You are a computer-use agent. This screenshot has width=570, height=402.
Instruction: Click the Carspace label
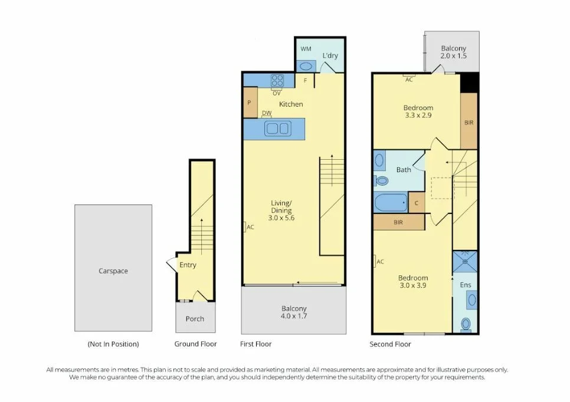pos(113,271)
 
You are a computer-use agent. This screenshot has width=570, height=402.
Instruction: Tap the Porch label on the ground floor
pos(195,319)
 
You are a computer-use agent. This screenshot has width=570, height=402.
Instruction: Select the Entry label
pos(188,265)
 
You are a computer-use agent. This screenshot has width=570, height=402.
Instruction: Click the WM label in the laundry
pos(306,48)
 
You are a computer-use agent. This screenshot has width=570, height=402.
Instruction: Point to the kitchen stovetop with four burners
pos(277,80)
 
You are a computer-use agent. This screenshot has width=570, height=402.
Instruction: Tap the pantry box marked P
pos(249,102)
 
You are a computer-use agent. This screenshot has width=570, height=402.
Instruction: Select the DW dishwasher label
pos(267,113)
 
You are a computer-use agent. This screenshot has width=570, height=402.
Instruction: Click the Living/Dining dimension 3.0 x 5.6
pos(281,218)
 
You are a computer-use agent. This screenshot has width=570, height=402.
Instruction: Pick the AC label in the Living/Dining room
pos(250,227)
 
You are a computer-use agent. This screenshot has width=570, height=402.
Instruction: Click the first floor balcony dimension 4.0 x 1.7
pos(293,317)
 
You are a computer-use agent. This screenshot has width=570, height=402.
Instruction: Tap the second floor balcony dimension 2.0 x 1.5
pos(453,56)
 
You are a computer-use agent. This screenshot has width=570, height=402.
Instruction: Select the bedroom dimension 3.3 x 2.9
pos(418,116)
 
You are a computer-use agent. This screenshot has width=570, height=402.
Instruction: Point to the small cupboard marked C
pos(417,202)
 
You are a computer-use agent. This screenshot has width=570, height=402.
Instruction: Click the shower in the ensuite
pos(465,261)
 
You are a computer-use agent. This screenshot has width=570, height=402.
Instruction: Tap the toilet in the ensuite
pos(466,324)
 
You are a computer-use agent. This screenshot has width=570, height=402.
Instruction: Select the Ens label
pos(465,285)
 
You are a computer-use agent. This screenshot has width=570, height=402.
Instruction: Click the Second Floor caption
pos(390,344)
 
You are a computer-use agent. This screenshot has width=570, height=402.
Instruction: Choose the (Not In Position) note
pos(113,344)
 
